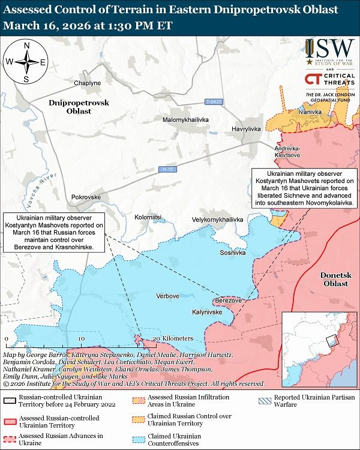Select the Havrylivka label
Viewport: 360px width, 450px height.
(246, 129)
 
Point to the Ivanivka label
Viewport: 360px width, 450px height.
(310, 112)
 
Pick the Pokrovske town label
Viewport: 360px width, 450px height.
(86, 197)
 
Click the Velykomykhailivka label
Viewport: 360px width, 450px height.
(218, 220)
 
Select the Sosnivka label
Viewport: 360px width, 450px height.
(232, 253)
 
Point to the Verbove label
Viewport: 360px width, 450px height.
(168, 296)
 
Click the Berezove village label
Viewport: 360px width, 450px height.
(228, 300)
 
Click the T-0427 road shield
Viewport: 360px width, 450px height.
(214, 101)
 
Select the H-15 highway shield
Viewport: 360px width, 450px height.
(168, 170)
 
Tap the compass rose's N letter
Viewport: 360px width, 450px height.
(26, 46)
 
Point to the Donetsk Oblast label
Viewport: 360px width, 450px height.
(334, 279)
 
